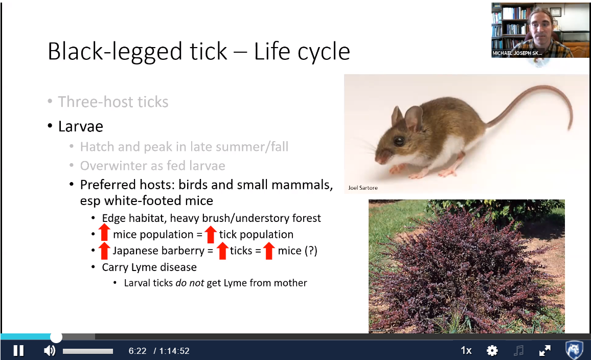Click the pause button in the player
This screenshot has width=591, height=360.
click(18, 351)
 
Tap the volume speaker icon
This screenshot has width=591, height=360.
click(50, 351)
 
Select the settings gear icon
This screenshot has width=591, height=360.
click(492, 351)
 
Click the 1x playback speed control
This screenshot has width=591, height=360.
click(466, 351)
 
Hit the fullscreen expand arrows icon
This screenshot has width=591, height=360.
click(544, 351)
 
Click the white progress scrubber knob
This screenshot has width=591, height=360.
click(56, 337)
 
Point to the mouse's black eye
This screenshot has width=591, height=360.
click(399, 141)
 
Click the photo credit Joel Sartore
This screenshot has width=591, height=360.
click(362, 188)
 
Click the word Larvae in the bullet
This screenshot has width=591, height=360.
click(81, 126)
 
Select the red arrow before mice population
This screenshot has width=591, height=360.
click(104, 233)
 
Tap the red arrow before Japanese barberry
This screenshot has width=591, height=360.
click(104, 251)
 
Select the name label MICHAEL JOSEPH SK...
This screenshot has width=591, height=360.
click(517, 53)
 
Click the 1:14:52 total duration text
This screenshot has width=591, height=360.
click(174, 351)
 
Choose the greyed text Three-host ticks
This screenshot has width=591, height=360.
click(113, 102)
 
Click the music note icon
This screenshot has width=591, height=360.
click(518, 351)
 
